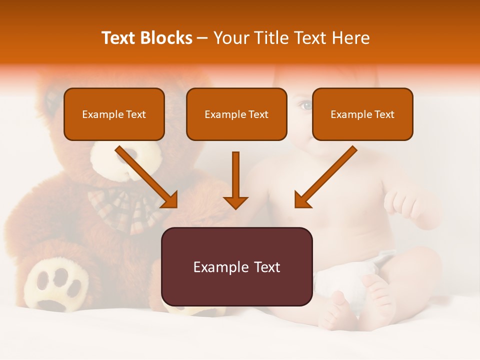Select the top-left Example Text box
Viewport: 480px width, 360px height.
[114, 114]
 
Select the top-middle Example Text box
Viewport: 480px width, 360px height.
[236, 114]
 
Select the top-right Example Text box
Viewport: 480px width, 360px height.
[362, 114]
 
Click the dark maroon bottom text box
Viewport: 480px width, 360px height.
[236, 266]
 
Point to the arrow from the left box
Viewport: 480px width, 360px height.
[148, 178]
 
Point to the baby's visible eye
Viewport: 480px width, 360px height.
[305, 105]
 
